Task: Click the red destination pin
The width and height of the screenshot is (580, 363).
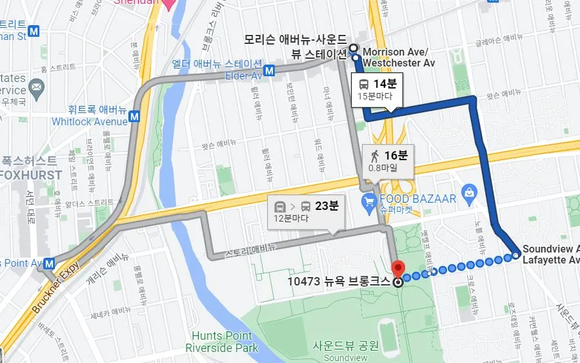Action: pyautogui.click(x=398, y=268)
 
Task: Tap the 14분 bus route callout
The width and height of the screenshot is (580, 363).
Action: pyautogui.click(x=377, y=89)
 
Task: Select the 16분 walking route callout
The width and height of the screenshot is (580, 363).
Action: pyautogui.click(x=387, y=160)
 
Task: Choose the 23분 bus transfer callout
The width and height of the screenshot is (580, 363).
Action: pyautogui.click(x=306, y=211)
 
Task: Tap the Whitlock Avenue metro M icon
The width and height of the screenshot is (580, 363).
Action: pyautogui.click(x=134, y=117)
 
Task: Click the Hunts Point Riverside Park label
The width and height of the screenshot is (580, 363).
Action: pyautogui.click(x=221, y=342)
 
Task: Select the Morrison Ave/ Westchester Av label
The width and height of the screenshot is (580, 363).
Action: pyautogui.click(x=398, y=57)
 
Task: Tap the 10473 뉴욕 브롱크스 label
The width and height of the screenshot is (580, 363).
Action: pyautogui.click(x=338, y=281)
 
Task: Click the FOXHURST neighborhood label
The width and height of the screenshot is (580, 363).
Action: pyautogui.click(x=30, y=175)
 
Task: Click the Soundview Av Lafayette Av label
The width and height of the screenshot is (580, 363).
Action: pyautogui.click(x=550, y=254)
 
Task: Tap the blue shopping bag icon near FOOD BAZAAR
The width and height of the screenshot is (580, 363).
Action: pyautogui.click(x=469, y=191)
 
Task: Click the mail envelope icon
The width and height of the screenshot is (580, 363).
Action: pyautogui.click(x=37, y=87)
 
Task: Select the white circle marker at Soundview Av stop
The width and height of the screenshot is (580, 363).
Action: pyautogui.click(x=516, y=256)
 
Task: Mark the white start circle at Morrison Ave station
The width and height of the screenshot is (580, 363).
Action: pyautogui.click(x=354, y=47)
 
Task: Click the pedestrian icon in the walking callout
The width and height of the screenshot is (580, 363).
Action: pyautogui.click(x=374, y=155)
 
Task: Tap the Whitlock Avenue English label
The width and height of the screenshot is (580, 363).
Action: pyautogui.click(x=90, y=121)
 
